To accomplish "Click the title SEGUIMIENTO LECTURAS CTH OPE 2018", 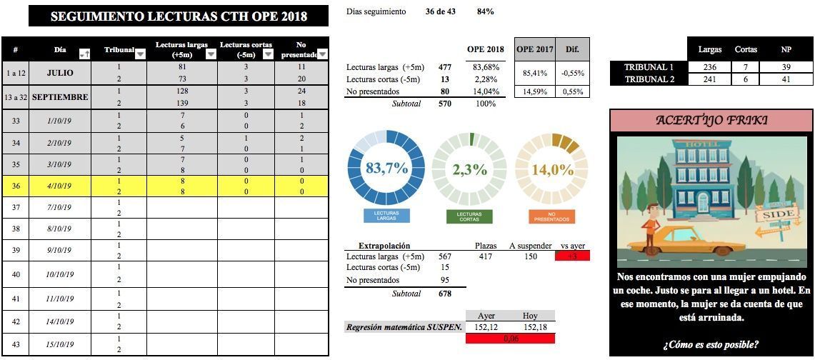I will click(179, 16).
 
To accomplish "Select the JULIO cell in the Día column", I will click(60, 73).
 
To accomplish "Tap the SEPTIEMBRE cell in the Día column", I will click(60, 97).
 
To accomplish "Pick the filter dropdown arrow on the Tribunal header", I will click(140, 54).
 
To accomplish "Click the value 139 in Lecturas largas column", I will click(182, 104).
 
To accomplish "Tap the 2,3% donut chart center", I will click(469, 169).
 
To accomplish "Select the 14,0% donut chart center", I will click(552, 169).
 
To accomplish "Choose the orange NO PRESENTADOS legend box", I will click(552, 216).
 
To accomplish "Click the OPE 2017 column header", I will click(534, 49).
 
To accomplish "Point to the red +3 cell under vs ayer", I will click(572, 256).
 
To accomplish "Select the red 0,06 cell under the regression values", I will click(510, 339).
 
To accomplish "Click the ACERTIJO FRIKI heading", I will click(711, 120).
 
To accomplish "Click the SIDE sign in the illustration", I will click(777, 214).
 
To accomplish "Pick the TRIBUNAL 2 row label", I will click(649, 79).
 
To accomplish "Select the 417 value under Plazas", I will click(486, 256).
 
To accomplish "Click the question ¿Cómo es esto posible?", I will click(711, 344).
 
